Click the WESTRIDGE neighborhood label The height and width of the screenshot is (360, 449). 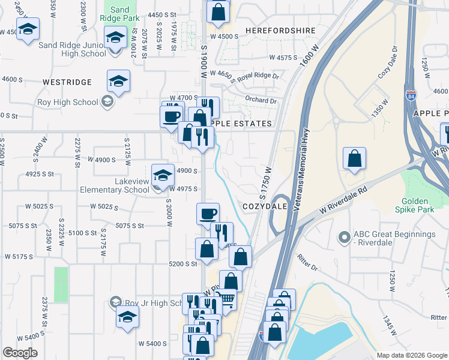click(x=67, y=82)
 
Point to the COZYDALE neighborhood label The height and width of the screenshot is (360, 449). click(x=264, y=206)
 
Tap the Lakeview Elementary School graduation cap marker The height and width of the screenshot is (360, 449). click(x=162, y=176)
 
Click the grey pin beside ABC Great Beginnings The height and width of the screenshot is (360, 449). click(x=345, y=238)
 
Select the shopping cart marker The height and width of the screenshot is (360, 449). click(x=225, y=299)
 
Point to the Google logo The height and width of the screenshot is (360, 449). click(x=20, y=353)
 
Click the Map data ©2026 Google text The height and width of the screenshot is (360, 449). click(x=411, y=355)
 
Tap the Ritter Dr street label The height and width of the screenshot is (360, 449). click(x=307, y=262)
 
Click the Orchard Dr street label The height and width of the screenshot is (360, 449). click(x=261, y=101)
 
